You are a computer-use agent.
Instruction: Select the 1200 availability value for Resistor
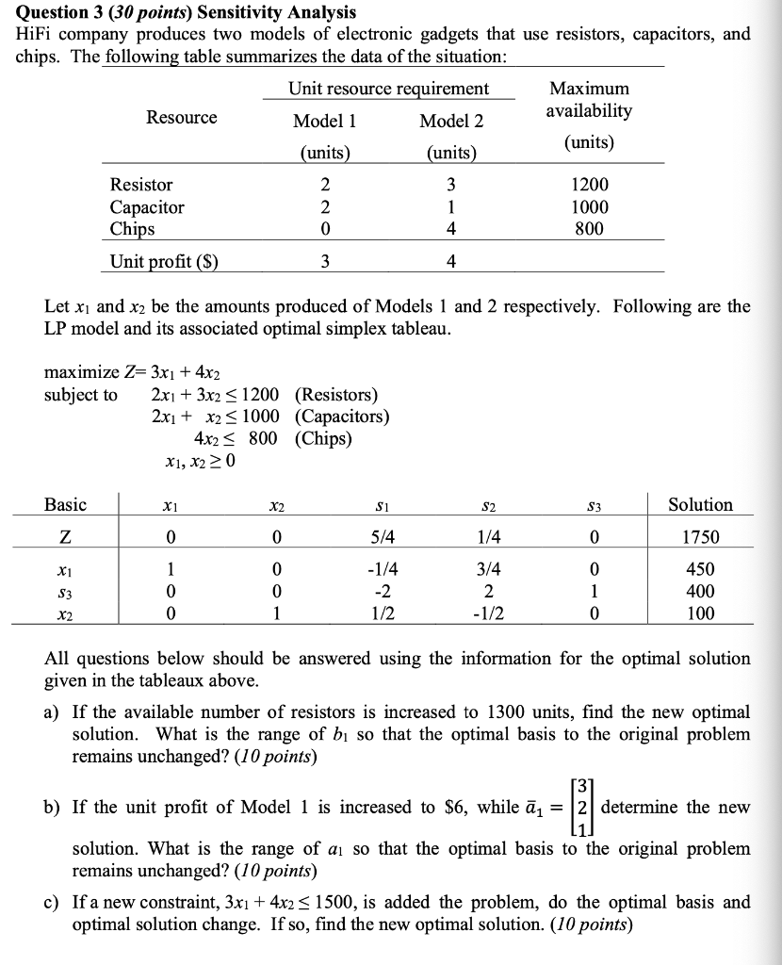click(x=591, y=186)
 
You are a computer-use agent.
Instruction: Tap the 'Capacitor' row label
click(x=147, y=207)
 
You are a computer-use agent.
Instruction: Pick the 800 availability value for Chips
click(x=591, y=229)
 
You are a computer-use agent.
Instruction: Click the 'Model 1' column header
click(x=324, y=122)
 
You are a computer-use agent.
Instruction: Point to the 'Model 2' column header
click(x=451, y=122)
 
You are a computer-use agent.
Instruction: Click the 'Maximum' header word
click(x=590, y=88)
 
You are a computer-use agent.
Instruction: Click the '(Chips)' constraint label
click(x=323, y=438)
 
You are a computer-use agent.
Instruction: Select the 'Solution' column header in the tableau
click(x=700, y=505)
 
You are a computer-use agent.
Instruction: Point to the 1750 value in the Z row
click(x=700, y=537)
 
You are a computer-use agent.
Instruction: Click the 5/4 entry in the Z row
click(x=383, y=537)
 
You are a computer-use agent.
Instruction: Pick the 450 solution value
click(x=701, y=569)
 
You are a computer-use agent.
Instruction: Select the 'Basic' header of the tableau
click(x=65, y=505)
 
